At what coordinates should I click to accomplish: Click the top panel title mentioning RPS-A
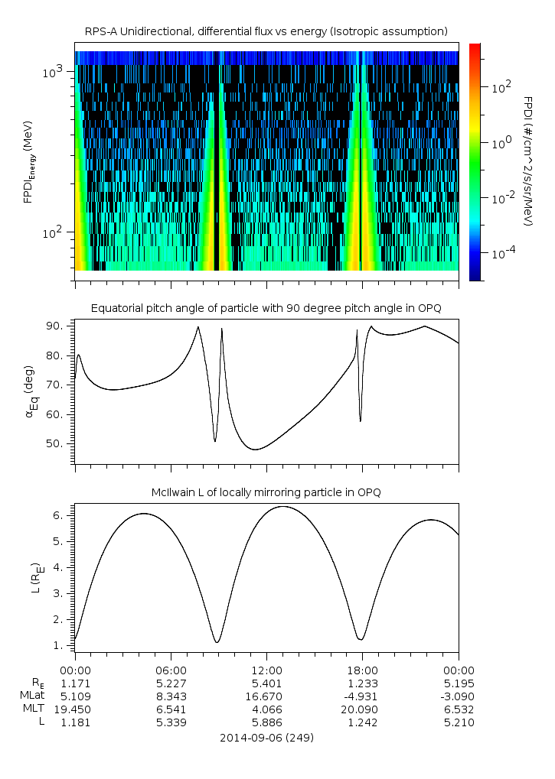[x=266, y=31]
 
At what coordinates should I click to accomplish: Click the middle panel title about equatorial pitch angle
[x=266, y=308]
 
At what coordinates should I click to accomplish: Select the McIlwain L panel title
[x=266, y=492]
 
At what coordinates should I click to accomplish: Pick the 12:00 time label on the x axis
[x=266, y=668]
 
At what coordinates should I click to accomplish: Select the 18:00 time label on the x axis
[x=362, y=668]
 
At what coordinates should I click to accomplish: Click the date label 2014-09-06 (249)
[x=266, y=738]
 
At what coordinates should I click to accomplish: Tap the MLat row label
[x=33, y=696]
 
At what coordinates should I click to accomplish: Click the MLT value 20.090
[x=362, y=709]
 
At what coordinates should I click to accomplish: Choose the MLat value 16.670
[x=266, y=696]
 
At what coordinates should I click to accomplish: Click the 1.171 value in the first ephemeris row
[x=75, y=682]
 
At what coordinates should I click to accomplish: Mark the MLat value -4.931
[x=362, y=696]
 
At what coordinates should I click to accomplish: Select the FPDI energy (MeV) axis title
[x=28, y=161]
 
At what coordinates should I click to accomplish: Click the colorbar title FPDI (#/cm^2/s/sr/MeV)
[x=528, y=161]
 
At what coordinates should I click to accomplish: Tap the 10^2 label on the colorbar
[x=500, y=88]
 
